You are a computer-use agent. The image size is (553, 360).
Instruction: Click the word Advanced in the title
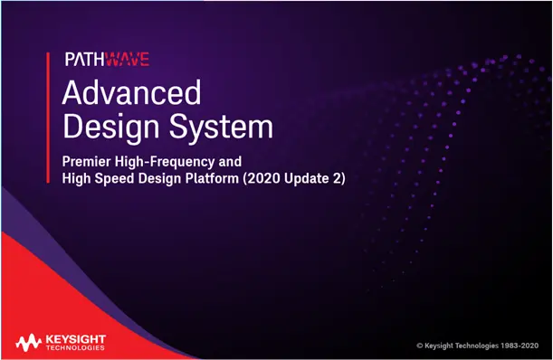(131, 92)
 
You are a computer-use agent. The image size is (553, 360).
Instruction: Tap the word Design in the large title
(110, 127)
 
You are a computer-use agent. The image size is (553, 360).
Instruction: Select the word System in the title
(221, 127)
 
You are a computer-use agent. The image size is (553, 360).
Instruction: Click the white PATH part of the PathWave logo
(85, 59)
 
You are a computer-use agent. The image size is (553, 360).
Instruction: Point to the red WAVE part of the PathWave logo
(127, 59)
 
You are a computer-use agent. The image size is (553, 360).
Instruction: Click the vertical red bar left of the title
(48, 118)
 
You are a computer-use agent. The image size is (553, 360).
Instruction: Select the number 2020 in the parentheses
(262, 178)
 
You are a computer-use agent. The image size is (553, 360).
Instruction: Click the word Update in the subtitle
(306, 179)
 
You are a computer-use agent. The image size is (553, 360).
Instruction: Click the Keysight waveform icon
(28, 343)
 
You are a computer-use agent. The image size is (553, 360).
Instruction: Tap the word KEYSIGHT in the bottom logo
(76, 339)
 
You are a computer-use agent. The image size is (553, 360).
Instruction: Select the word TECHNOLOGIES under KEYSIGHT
(75, 348)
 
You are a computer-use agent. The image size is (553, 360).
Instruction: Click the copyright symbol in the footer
(420, 346)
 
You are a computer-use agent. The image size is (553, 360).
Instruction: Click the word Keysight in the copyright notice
(439, 346)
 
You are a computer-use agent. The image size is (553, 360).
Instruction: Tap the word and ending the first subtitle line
(230, 162)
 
